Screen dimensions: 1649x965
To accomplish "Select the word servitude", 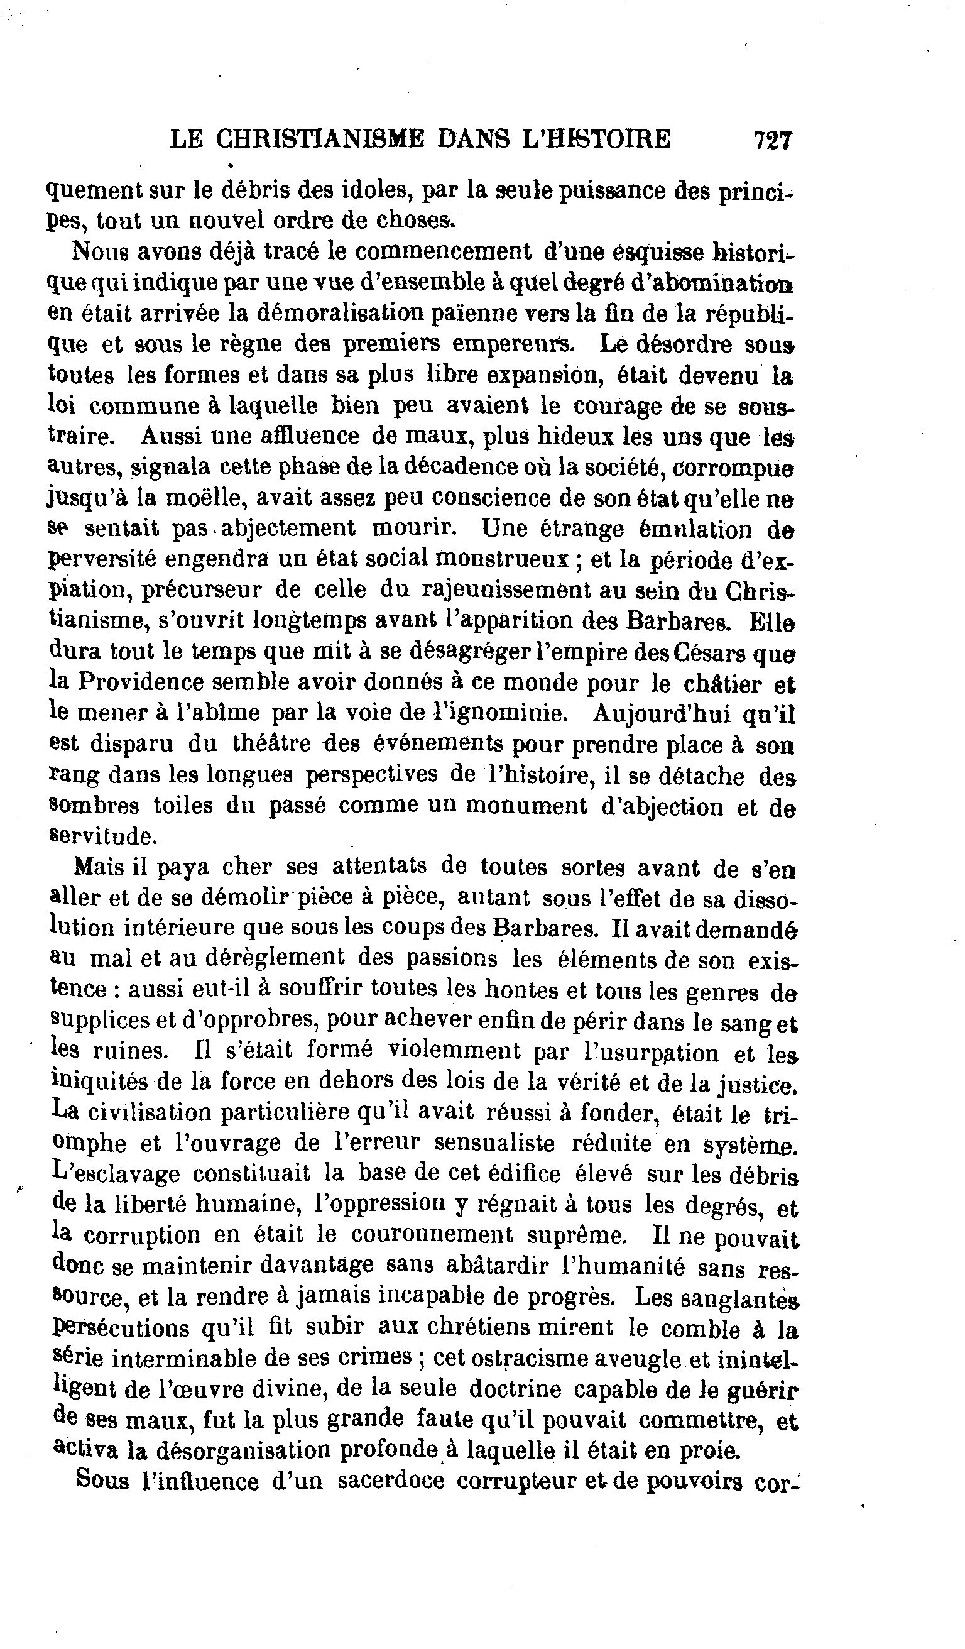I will pos(102,836).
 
